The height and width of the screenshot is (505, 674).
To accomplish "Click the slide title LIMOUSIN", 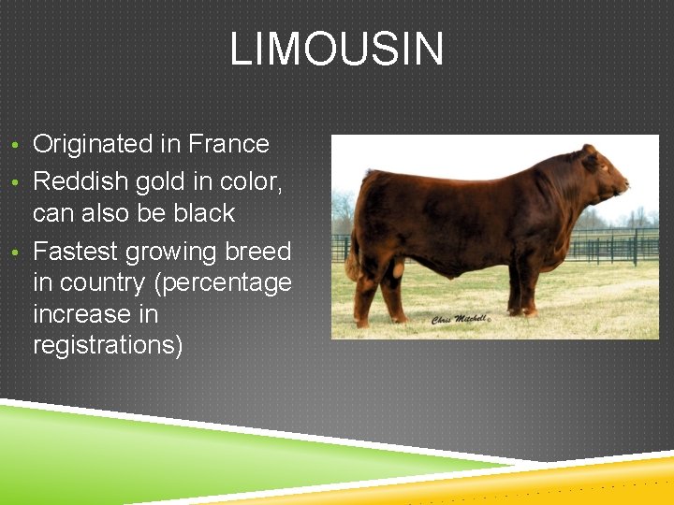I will (x=337, y=49).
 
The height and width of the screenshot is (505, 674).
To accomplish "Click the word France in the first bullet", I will (x=228, y=144).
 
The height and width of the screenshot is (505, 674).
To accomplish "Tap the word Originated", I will (x=106, y=144).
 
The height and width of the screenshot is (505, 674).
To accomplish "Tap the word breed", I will (x=258, y=252).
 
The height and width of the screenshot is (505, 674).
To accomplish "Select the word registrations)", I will (x=108, y=344).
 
